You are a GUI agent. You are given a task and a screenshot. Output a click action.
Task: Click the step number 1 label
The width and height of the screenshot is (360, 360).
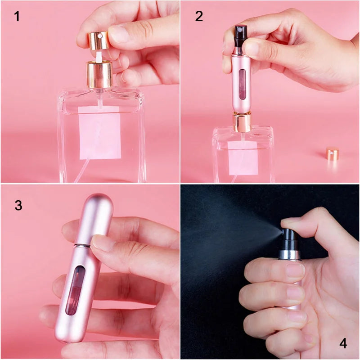click(x=17, y=17)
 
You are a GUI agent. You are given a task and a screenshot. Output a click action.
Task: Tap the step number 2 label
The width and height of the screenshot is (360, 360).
click(x=199, y=16)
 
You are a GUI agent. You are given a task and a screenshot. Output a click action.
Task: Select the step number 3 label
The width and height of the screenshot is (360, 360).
click(x=18, y=205)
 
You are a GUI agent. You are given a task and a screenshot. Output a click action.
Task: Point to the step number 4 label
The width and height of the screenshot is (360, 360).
click(x=343, y=344)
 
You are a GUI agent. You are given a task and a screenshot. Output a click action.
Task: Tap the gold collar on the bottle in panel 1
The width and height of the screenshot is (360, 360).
click(x=99, y=75)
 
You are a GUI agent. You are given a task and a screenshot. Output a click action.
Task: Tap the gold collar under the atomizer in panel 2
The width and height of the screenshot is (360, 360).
click(x=241, y=122)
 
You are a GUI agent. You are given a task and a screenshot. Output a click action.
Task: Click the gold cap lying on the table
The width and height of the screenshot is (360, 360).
click(x=332, y=153)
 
